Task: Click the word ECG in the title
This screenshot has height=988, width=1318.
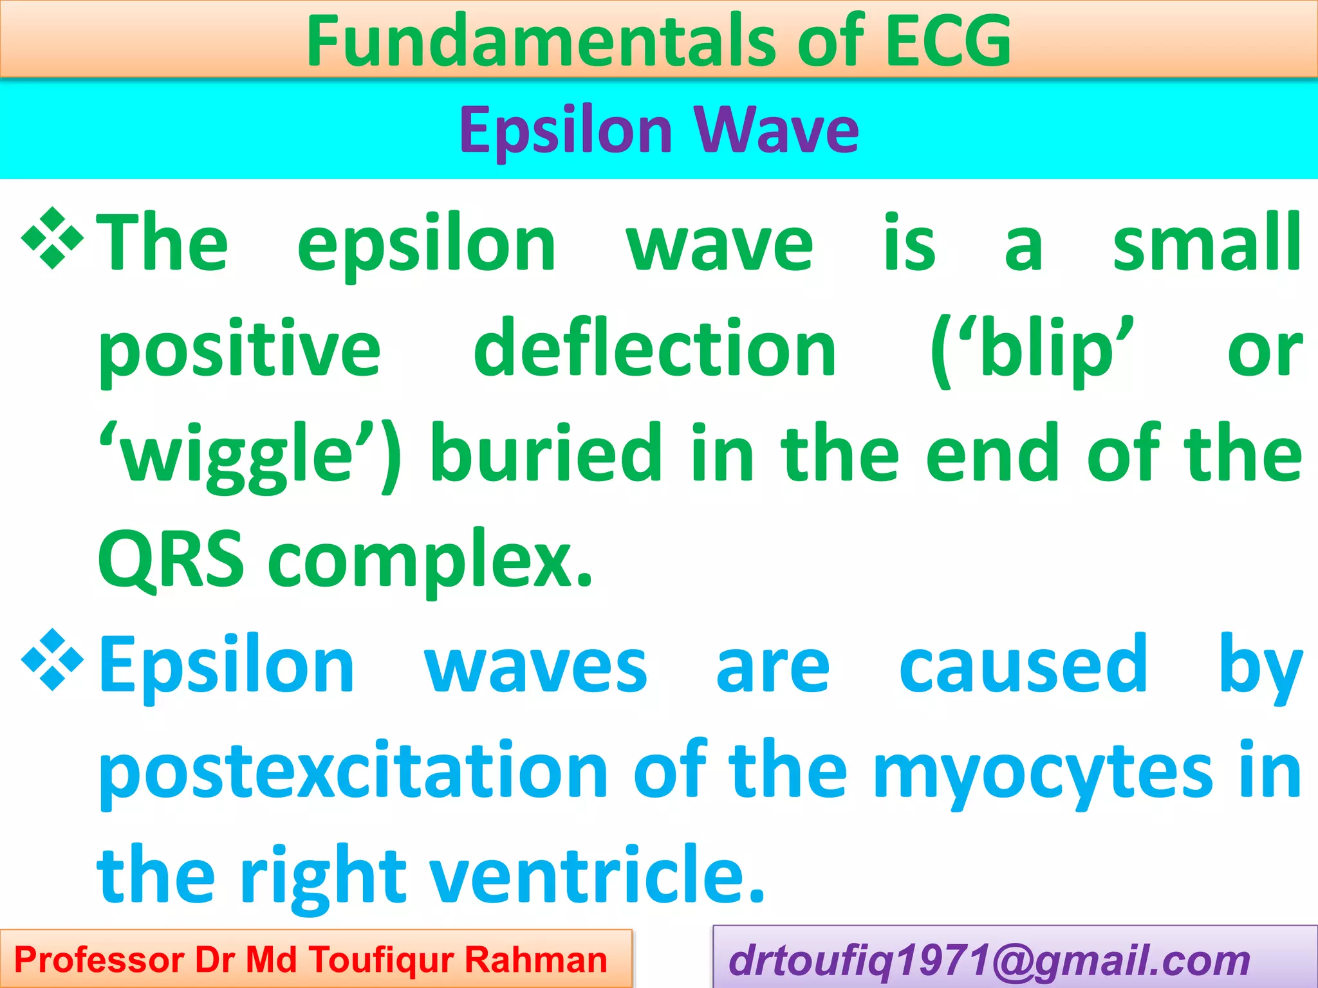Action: coord(947,41)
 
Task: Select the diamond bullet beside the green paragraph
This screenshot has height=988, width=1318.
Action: coord(53,239)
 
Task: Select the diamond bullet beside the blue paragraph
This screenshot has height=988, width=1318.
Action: coord(53,660)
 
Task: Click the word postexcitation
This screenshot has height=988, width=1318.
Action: coord(353,771)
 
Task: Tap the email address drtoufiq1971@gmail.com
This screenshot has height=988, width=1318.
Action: coord(989,960)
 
